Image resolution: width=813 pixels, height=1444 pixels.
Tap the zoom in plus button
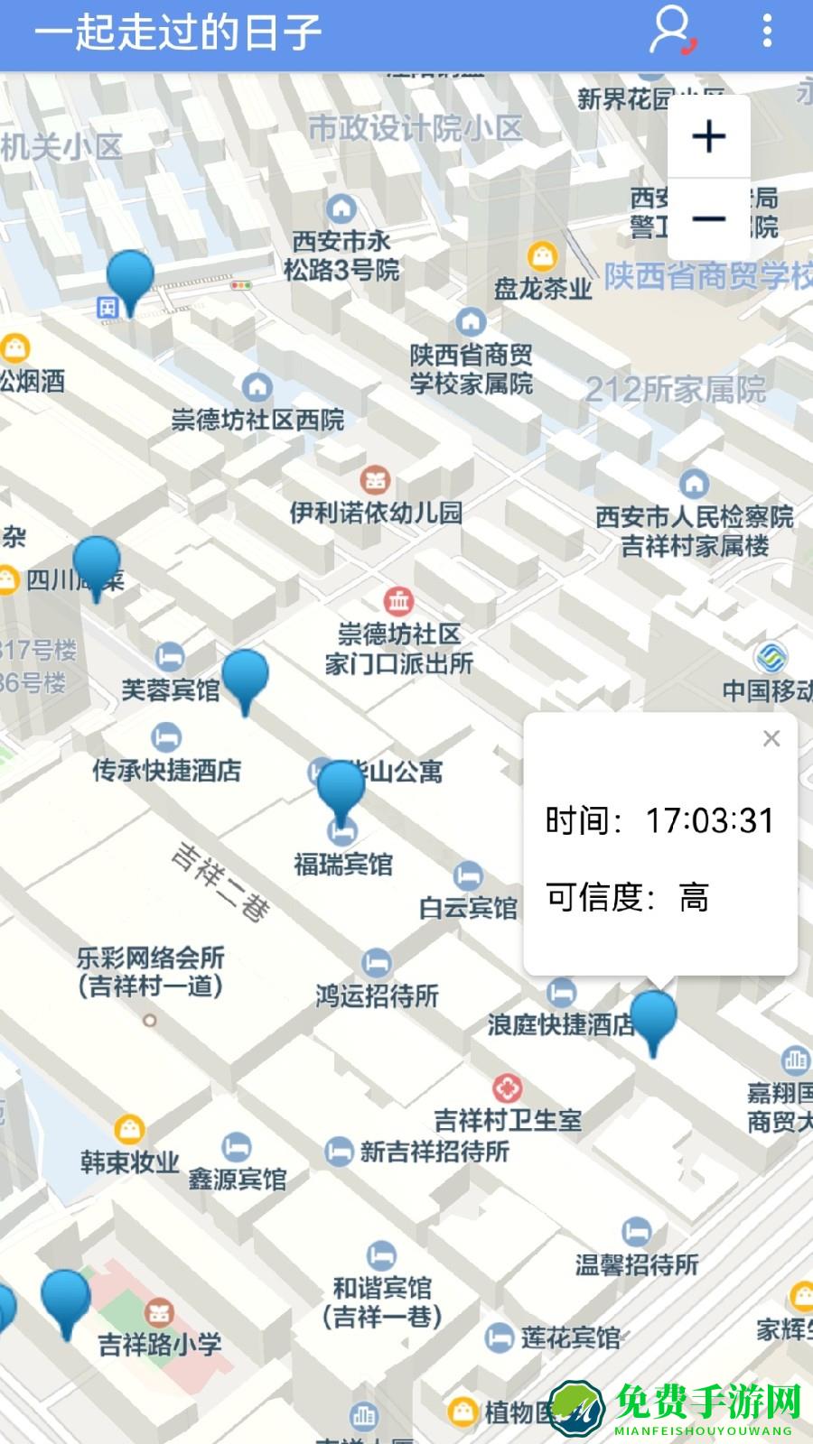708,136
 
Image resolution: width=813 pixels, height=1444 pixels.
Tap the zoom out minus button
708,219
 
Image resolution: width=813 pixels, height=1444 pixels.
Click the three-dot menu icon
767,31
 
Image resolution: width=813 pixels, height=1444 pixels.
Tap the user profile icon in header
671,32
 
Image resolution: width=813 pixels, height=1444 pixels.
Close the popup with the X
771,739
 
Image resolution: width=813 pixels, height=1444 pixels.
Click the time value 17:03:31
709,820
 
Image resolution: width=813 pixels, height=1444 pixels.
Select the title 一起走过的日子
178,32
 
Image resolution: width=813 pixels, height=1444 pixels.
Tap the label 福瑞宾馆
343,865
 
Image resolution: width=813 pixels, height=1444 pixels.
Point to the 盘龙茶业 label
542,289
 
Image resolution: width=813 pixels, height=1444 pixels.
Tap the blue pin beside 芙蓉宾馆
245,679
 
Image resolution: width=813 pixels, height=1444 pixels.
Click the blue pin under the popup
653,1020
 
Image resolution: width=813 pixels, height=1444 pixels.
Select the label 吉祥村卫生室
508,1121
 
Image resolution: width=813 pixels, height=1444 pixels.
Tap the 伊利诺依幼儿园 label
376,513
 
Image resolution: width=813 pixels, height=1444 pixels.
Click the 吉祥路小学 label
160,1344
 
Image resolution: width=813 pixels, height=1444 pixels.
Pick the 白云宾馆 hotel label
468,907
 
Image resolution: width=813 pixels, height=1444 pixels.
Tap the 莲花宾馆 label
570,1338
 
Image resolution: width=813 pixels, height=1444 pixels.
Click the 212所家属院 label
675,390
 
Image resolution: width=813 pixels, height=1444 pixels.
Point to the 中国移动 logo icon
771,656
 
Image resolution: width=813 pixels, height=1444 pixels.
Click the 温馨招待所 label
637,1264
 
